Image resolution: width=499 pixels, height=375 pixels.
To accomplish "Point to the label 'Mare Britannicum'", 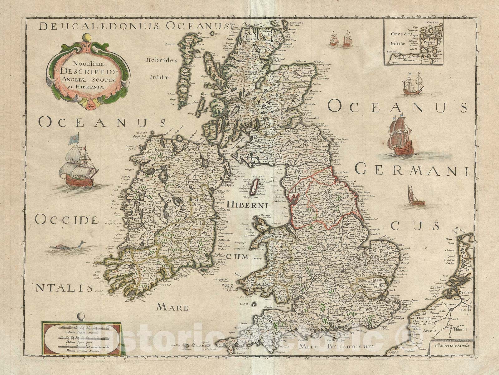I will (x=335, y=346).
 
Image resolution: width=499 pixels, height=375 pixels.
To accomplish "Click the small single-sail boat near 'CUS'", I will (x=415, y=197).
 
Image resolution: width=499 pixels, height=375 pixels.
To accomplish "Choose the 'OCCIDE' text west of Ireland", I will (x=66, y=220).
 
